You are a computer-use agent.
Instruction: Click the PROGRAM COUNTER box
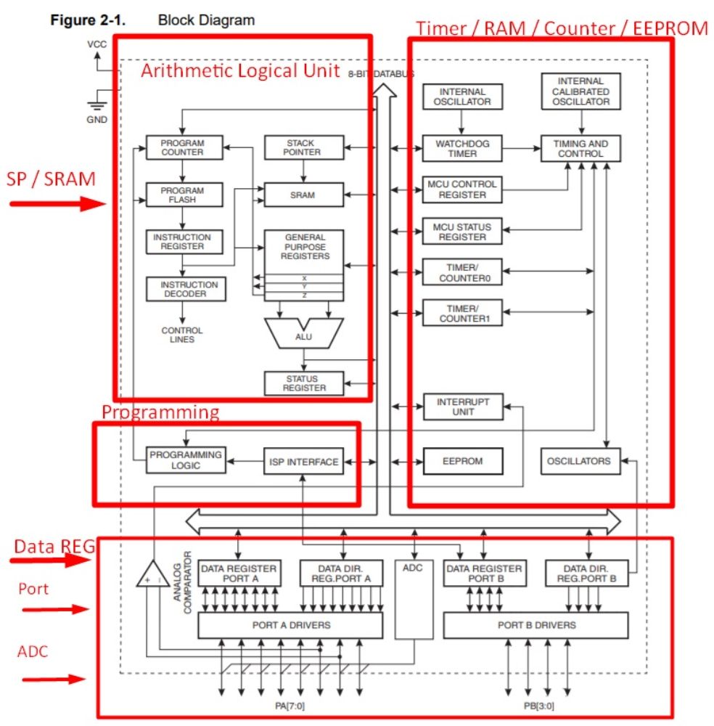184,147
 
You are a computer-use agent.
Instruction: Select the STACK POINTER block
304,147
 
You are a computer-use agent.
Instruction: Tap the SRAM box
303,195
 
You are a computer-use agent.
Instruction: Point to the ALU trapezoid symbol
303,333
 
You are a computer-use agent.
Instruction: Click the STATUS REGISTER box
304,383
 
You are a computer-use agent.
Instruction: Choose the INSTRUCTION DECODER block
186,290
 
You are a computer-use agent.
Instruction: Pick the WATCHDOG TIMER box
462,149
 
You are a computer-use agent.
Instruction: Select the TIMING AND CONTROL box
580,149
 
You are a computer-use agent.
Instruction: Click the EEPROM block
463,461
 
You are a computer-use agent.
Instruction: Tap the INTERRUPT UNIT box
463,407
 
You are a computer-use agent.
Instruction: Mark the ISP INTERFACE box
303,461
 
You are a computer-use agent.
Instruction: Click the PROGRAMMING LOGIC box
186,460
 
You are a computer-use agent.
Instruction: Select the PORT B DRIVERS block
535,626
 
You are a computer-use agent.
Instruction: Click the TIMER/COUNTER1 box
462,313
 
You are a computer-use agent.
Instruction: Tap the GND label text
97,120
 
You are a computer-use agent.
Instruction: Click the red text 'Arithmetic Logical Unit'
240,71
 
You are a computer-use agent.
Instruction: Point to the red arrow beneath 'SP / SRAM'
58,204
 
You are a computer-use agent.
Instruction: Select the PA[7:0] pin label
290,706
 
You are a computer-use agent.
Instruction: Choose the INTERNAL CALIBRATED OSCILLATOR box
580,91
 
